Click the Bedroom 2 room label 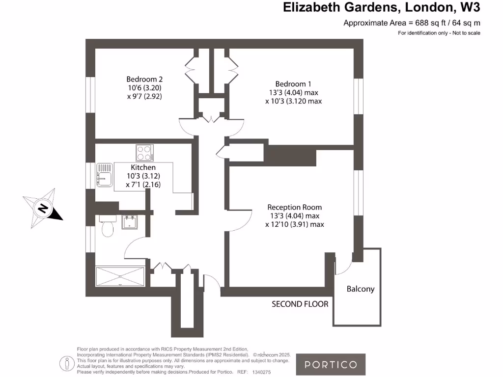tap(144, 79)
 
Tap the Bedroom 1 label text tap(293, 83)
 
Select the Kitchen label tap(143, 167)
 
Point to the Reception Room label tap(295, 207)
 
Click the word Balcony tap(361, 289)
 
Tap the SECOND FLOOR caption tap(300, 304)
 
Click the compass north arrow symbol tap(43, 209)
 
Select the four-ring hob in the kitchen tap(144, 153)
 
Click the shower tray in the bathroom tap(120, 275)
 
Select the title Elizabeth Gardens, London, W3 tap(382, 7)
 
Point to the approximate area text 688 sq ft tap(412, 23)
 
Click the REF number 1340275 tap(260, 372)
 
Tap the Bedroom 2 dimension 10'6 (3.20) tap(144, 88)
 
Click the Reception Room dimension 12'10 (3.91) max tap(294, 224)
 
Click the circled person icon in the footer tap(66, 364)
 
